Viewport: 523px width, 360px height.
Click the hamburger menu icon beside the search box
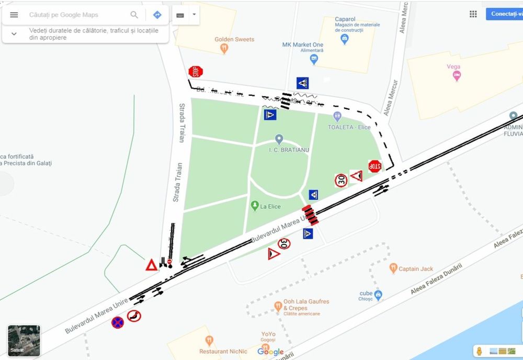[x=14, y=15]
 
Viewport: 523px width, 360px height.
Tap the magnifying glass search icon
[x=134, y=15]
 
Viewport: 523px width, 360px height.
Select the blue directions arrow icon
[x=157, y=15]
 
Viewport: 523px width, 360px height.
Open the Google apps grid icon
[x=473, y=14]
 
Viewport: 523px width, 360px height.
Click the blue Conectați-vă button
[x=505, y=14]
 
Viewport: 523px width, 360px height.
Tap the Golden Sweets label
[x=234, y=39]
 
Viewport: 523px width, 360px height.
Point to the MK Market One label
[x=303, y=44]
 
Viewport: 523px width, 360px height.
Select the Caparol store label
[x=345, y=19]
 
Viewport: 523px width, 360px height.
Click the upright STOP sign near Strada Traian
[x=196, y=71]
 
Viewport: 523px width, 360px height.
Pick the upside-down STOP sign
[x=374, y=166]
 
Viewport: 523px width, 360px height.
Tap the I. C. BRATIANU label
[x=289, y=150]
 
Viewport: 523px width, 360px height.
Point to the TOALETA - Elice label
[x=349, y=127]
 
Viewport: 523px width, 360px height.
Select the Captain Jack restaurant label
[x=416, y=269]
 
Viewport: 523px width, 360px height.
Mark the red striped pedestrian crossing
[x=310, y=215]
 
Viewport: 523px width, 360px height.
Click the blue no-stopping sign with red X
[x=118, y=322]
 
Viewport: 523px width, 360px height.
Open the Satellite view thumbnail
[x=24, y=341]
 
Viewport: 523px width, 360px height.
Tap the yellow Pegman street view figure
[x=478, y=351]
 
